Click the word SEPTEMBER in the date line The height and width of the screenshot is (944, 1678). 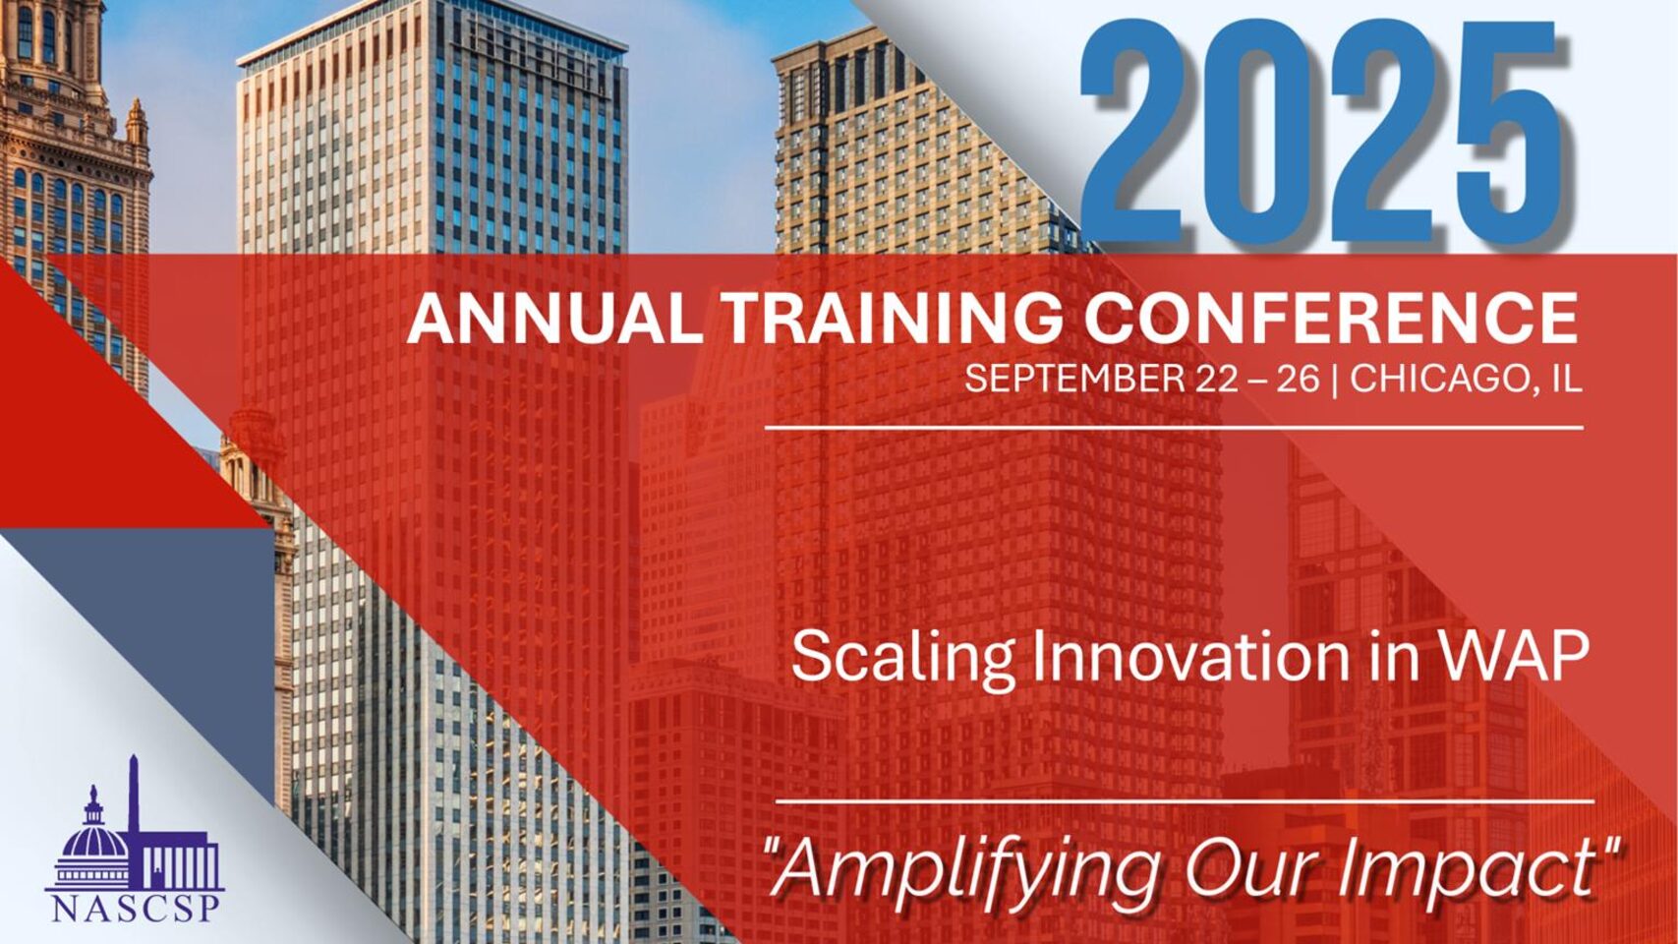(x=1071, y=379)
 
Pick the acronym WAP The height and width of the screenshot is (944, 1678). (x=1531, y=656)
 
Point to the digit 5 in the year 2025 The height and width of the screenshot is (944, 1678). (x=1521, y=132)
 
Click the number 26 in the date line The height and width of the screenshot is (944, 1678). (x=1299, y=379)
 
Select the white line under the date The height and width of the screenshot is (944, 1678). (x=1174, y=428)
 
